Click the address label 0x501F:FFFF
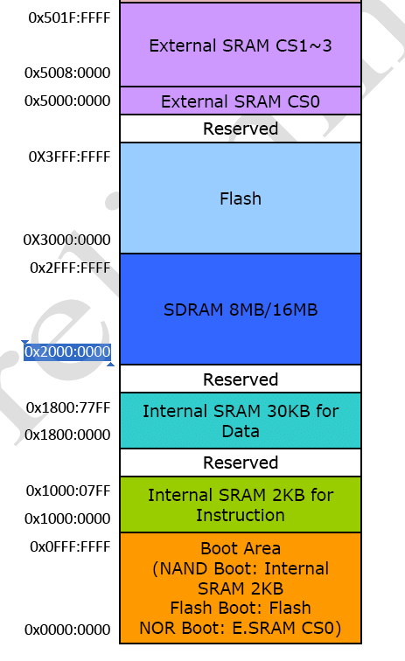point(69,17)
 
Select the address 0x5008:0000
point(67,73)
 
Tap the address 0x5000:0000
point(67,101)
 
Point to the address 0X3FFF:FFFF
point(69,157)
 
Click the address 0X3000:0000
point(67,240)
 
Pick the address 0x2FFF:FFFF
point(70,268)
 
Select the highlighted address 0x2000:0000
point(67,351)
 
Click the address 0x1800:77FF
point(68,407)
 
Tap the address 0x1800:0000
point(67,435)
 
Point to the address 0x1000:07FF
point(68,491)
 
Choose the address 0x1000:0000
point(67,518)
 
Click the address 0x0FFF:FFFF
point(70,546)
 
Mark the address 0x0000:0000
point(67,630)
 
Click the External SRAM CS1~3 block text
point(241,45)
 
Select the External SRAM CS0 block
point(241,101)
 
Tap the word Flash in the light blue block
point(241,198)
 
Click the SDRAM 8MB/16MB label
point(241,310)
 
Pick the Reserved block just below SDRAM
point(241,379)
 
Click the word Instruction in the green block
point(241,515)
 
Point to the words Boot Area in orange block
point(241,548)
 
